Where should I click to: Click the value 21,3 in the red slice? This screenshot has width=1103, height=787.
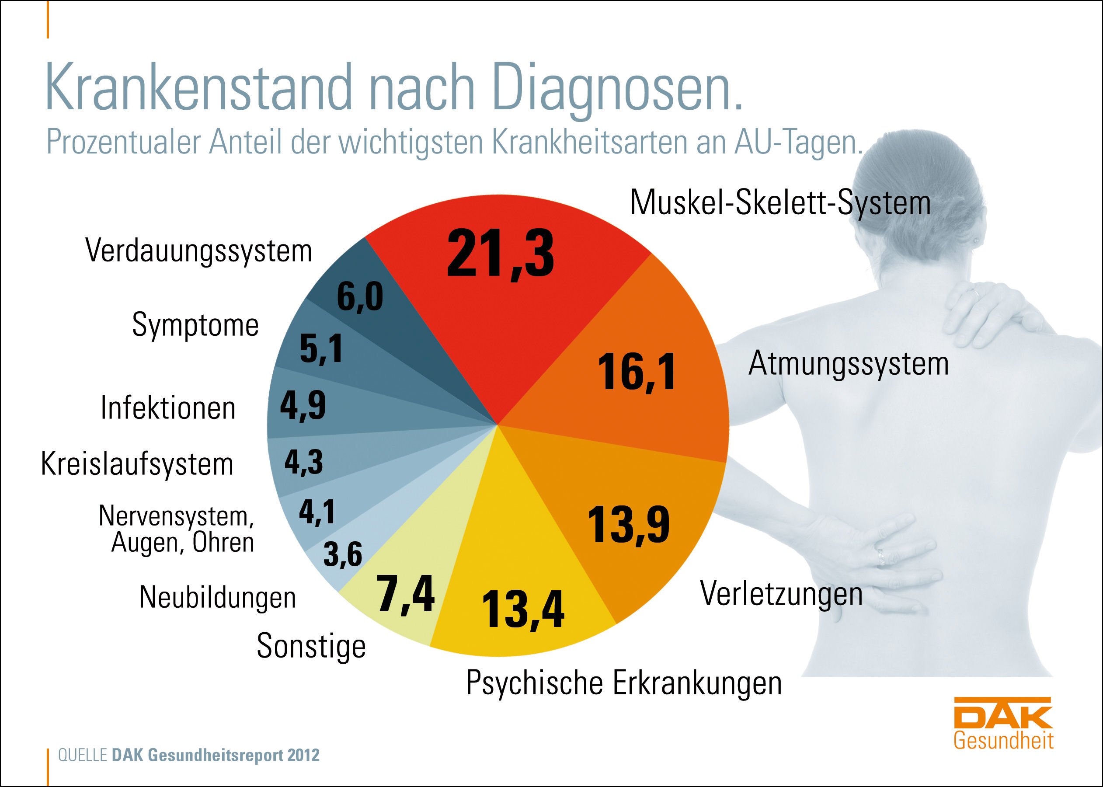tap(500, 254)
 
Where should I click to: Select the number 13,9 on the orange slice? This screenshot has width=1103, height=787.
tap(628, 525)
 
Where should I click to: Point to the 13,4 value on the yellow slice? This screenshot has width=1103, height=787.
tap(523, 609)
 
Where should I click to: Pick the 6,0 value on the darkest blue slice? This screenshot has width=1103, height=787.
tap(359, 296)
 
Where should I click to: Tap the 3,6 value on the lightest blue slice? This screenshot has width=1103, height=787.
tap(342, 554)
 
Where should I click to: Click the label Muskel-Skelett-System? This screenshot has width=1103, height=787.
tap(780, 202)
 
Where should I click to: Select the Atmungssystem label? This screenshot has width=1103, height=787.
tap(848, 363)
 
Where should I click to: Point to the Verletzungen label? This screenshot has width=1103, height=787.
tap(781, 594)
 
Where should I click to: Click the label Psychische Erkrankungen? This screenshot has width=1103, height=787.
tap(624, 683)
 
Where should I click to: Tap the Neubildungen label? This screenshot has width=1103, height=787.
tap(218, 597)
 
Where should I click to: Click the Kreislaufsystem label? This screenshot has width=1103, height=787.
tap(137, 464)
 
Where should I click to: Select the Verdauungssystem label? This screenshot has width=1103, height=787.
tap(198, 251)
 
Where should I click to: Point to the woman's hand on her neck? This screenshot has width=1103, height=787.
tap(988, 315)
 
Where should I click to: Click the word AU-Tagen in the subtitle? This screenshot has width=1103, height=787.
tap(798, 143)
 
